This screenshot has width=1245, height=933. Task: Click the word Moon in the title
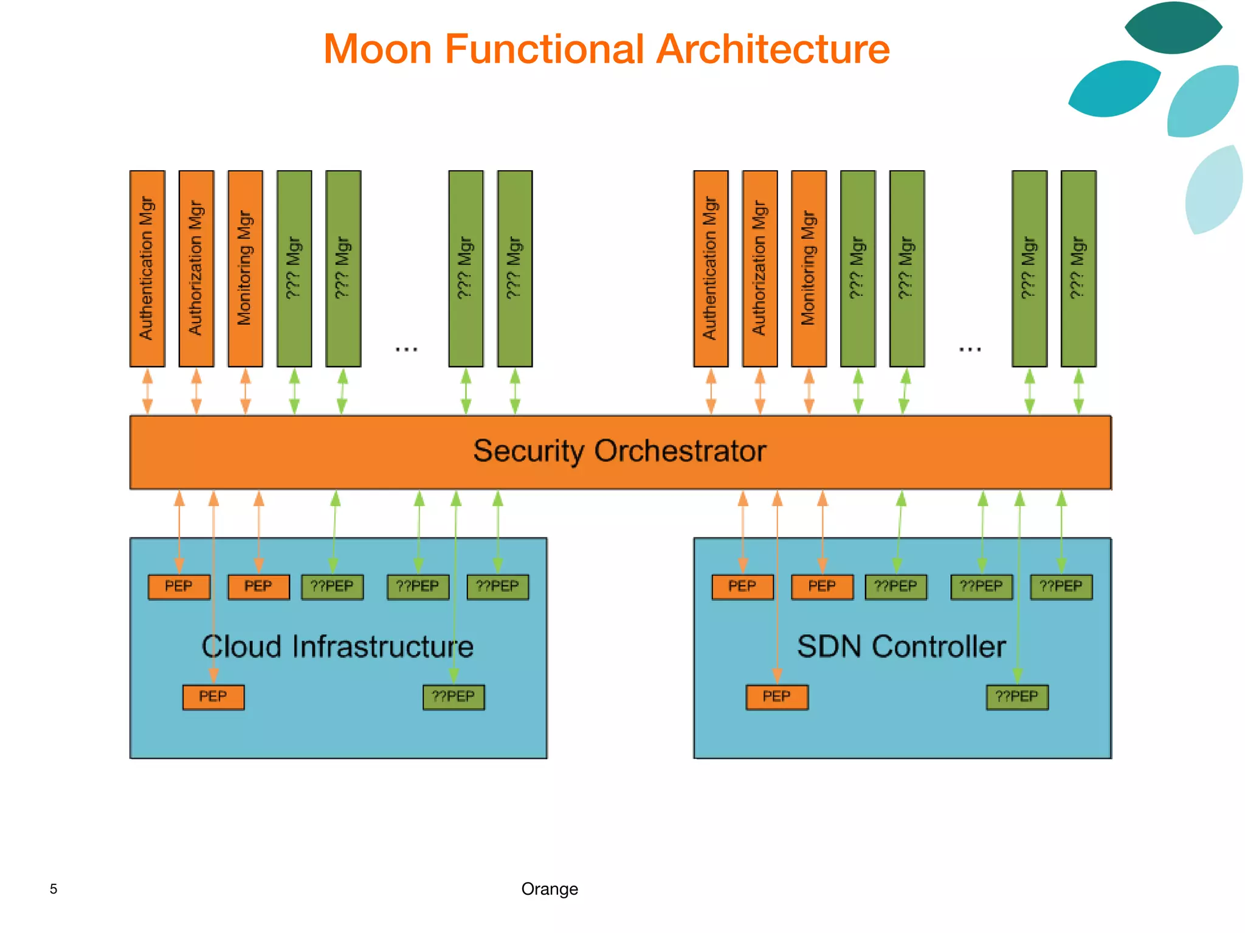point(378,50)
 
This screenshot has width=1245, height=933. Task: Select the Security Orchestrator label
point(619,451)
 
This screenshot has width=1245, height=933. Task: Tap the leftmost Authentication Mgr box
point(147,268)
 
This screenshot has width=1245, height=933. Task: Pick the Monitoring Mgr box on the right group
point(809,268)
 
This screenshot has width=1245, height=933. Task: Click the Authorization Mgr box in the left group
point(196,268)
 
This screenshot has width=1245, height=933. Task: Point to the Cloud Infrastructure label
point(337,647)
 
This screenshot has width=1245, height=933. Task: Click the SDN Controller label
point(901,647)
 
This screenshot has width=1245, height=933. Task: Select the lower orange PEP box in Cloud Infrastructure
point(213,697)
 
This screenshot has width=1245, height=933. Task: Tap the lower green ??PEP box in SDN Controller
point(1017,697)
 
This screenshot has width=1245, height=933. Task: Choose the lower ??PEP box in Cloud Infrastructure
point(454,697)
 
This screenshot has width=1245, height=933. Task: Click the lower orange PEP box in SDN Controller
point(777,697)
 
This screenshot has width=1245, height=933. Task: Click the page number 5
point(53,889)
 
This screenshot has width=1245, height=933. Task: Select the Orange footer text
point(550,889)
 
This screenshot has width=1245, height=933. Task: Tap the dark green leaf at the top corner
point(1173,28)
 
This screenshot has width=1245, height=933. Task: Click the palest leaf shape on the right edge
point(1215,190)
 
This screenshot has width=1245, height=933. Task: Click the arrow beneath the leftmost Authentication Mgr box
point(147,392)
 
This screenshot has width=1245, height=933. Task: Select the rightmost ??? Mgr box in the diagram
point(1078,268)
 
